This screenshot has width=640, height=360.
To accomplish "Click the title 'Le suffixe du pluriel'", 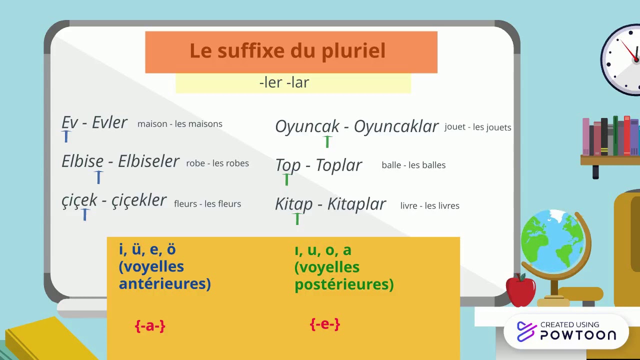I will pos(287,51).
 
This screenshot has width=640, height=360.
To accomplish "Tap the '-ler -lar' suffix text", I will pos(284,82).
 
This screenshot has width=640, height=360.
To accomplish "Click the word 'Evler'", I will pos(110,122).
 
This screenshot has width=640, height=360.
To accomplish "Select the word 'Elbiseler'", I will pos(148,161).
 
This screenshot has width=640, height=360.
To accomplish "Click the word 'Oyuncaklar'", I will pos(396,126).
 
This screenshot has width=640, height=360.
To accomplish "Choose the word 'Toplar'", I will pos(338,165).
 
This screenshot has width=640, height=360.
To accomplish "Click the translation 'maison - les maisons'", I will pos(180,124).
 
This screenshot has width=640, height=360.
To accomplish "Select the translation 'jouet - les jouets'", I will pos(477,127).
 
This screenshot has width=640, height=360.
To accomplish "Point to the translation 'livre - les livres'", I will pos(429,205).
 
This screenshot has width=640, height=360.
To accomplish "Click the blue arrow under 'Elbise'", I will pos(98,177).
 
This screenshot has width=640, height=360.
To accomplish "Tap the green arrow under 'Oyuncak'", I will pos(327,141).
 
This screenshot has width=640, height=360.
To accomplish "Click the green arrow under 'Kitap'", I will pos(297,218).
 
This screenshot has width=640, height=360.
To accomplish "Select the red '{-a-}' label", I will pos(150,326).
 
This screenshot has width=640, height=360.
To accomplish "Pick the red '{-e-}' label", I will pos(325,324).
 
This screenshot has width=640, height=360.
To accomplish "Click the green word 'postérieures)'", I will pos(344,284).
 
